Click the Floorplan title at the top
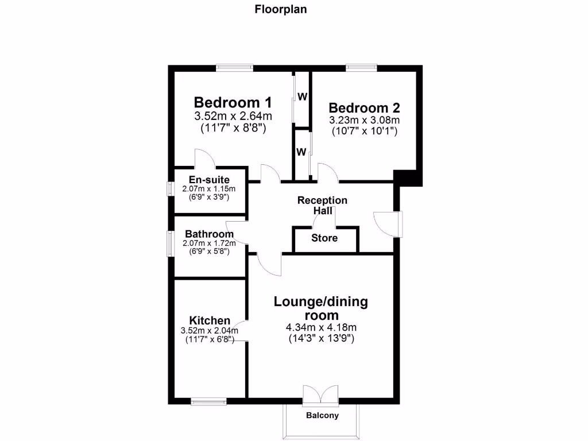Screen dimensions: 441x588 tap(281, 9)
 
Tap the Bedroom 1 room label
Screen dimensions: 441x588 tap(233, 102)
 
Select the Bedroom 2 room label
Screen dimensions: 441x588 tap(364, 107)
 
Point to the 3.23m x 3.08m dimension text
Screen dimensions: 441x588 tap(364, 120)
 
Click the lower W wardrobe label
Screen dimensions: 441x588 tap(300, 152)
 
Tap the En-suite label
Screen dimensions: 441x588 tap(209, 180)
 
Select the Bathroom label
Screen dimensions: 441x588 tap(209, 234)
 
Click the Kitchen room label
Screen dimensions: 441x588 tap(210, 320)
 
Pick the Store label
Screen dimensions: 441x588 tap(324, 238)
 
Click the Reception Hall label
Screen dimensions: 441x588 tap(322, 205)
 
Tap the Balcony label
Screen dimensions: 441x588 tap(322, 415)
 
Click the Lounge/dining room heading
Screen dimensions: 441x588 tap(321, 308)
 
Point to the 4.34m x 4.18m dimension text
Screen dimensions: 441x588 tap(321, 327)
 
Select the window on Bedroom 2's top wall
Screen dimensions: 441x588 tap(362, 68)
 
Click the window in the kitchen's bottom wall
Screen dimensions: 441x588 tap(208, 401)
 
